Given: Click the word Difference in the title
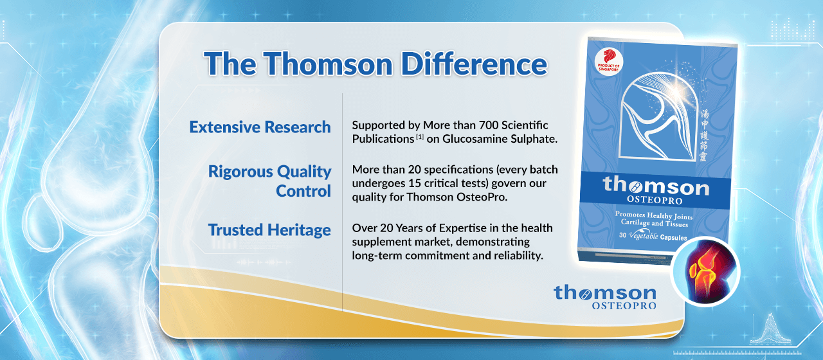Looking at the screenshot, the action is (474, 64).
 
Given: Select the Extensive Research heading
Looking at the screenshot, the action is (260, 127).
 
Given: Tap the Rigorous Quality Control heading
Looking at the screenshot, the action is (269, 181).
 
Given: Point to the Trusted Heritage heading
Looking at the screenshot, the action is (269, 230).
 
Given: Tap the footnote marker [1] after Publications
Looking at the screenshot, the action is (420, 137).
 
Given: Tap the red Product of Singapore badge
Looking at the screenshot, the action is (608, 62).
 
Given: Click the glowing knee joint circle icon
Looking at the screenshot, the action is (704, 272).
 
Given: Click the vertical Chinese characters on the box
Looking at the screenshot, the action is (703, 135).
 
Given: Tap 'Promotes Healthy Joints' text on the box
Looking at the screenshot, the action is (654, 215).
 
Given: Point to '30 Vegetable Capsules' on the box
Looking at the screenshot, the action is (653, 236).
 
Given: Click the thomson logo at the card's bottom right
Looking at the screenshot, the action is (605, 297).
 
